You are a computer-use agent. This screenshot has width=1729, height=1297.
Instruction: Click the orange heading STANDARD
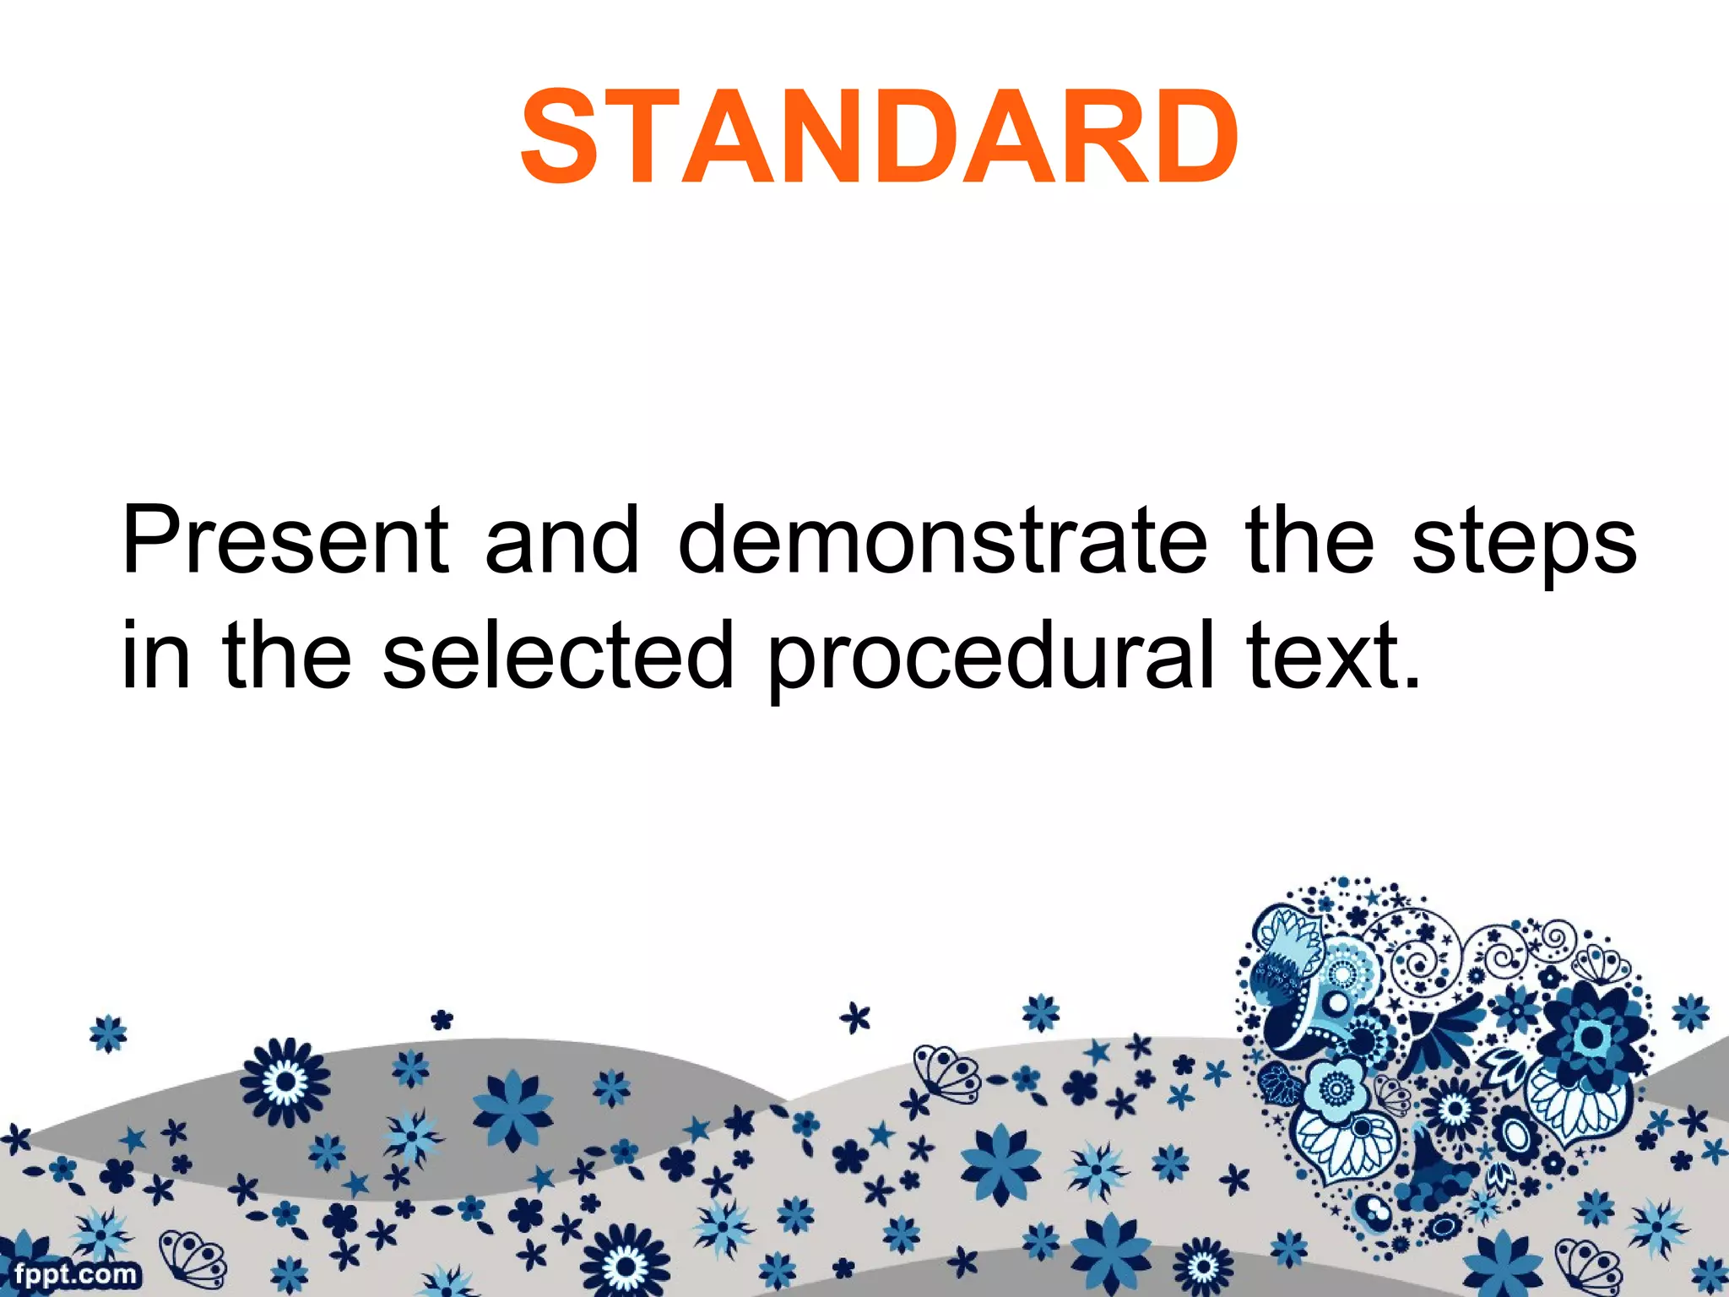879,137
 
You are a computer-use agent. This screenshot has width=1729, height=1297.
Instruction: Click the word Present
285,540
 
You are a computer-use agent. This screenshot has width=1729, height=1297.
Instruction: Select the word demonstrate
942,540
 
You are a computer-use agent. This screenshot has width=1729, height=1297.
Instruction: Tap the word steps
1524,545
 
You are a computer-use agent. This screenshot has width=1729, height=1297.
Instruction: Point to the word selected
557,654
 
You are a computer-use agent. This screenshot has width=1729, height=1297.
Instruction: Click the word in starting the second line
155,654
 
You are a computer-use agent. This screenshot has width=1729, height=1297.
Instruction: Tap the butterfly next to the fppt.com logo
192,1258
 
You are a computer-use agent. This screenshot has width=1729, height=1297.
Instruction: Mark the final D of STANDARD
1193,137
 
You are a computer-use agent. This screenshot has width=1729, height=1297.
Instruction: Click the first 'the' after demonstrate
1309,540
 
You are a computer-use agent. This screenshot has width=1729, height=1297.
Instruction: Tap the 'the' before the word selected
286,654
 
